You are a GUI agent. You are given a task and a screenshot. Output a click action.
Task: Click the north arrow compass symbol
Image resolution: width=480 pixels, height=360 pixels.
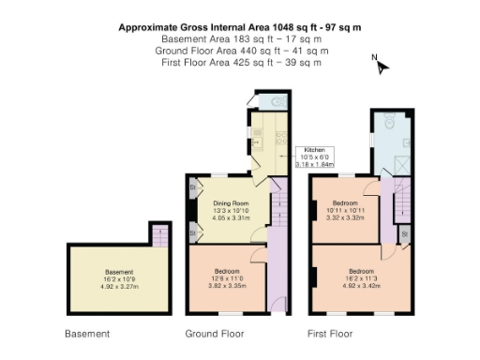(379, 65)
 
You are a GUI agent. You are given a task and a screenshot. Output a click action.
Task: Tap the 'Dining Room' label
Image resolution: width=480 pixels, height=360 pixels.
(230, 203)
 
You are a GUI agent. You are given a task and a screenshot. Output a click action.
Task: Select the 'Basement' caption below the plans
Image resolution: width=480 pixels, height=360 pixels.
(87, 333)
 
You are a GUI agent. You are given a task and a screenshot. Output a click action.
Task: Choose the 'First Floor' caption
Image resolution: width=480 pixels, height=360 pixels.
(330, 333)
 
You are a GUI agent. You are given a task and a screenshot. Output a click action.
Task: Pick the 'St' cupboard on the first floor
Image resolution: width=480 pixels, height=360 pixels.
(403, 232)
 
